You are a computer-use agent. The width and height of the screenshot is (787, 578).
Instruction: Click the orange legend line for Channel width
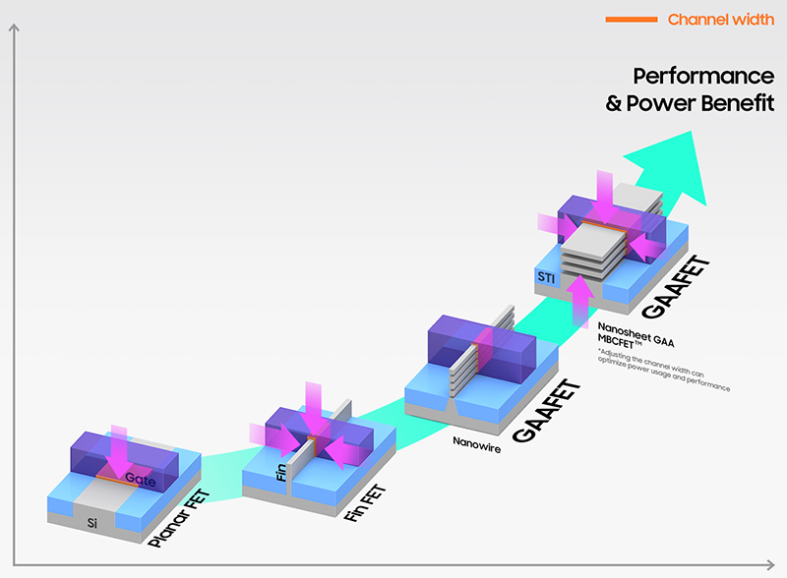point(632,20)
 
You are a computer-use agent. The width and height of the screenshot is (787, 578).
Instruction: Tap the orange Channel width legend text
point(721,20)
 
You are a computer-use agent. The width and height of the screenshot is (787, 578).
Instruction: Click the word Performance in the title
point(703,77)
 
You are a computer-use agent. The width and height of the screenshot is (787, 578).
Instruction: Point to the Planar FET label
point(179,518)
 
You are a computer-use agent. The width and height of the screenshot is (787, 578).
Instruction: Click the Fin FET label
point(365,502)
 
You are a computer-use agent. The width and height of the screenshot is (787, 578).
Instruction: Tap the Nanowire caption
point(477,444)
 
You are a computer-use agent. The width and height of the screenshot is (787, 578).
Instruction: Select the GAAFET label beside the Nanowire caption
point(547,412)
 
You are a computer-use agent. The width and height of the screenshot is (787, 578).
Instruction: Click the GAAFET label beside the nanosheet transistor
point(676,287)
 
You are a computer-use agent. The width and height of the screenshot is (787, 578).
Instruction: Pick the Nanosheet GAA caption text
point(636,334)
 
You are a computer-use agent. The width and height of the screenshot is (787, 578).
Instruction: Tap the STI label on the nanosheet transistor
point(546,277)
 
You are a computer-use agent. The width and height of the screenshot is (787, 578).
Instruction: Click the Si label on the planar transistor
point(92,523)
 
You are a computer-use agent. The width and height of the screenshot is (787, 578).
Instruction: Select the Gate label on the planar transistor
point(141,479)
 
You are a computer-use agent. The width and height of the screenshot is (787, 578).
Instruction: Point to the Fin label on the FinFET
point(281,472)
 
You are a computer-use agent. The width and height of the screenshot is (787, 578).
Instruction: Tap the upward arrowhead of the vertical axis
point(14,28)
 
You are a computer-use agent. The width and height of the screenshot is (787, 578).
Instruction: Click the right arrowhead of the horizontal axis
point(770,564)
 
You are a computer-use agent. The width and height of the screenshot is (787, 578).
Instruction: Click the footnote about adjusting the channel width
point(663,371)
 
